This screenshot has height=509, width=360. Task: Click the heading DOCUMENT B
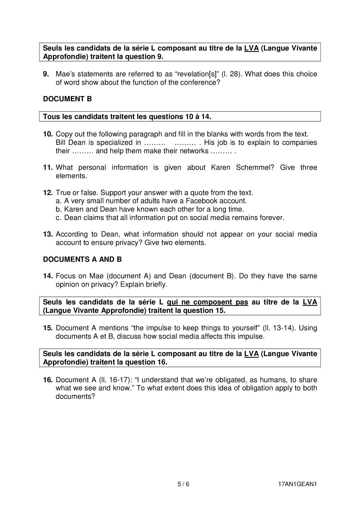[67, 99]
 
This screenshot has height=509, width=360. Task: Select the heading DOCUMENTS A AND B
[82, 259]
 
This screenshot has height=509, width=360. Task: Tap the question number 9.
[46, 74]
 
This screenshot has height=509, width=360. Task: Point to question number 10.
[48, 134]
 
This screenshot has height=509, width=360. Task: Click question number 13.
[48, 234]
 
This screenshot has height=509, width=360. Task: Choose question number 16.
[48, 380]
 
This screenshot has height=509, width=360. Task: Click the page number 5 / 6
[183, 484]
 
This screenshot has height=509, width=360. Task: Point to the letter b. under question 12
[58, 209]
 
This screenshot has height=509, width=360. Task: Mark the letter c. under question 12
[58, 218]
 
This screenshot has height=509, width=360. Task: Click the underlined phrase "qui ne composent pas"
[207, 302]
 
